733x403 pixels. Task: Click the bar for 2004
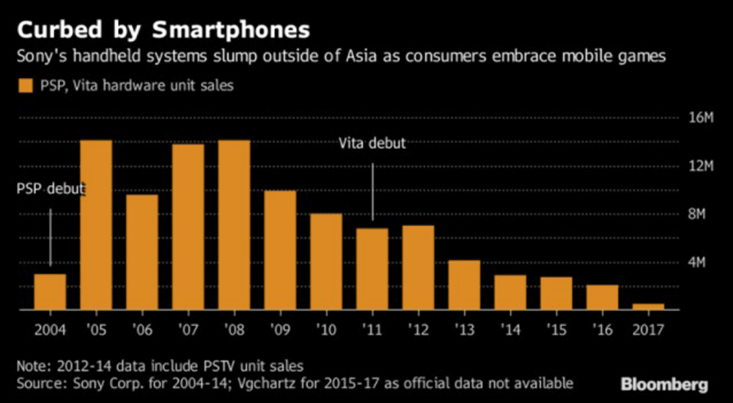pyautogui.click(x=50, y=292)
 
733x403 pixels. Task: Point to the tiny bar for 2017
pyautogui.click(x=648, y=307)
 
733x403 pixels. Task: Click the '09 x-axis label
pyautogui.click(x=279, y=330)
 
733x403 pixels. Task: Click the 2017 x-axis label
pyautogui.click(x=648, y=330)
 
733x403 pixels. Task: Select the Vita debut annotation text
pyautogui.click(x=372, y=143)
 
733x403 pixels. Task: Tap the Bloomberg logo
pyautogui.click(x=664, y=384)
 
